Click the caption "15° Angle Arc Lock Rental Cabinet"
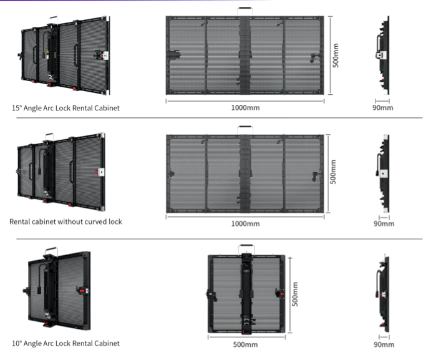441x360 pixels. pos(65,108)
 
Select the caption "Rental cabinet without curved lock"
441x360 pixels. pos(65,221)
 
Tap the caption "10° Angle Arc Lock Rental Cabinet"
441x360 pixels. pos(65,343)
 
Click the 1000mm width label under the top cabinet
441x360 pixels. pos(245,108)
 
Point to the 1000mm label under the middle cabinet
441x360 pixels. pos(245,224)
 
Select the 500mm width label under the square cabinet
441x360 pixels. pos(245,344)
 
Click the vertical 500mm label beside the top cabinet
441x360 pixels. pos(336,56)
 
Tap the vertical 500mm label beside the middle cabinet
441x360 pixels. pos(333,172)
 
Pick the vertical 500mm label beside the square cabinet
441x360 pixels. pos(295,294)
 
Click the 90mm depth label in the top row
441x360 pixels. pos(383,108)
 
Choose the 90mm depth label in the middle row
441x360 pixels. pos(384,224)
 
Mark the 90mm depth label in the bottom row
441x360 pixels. pos(384,344)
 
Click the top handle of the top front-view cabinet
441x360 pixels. pos(245,9)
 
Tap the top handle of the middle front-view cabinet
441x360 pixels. pos(245,127)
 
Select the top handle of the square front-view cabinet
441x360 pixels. pos(246,246)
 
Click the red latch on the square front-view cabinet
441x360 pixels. pos(281,294)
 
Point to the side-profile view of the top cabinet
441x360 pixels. pos(383,55)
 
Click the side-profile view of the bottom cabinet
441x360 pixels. pos(383,293)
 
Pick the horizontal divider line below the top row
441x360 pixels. pos(220,118)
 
